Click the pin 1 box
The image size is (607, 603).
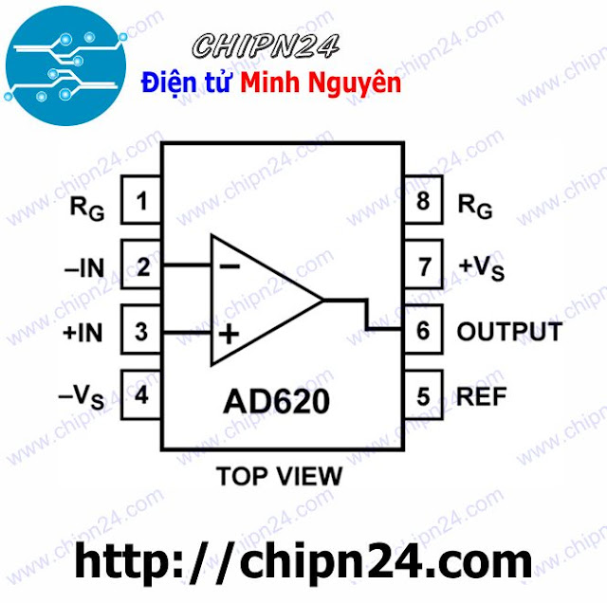(141, 201)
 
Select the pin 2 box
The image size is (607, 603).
(141, 266)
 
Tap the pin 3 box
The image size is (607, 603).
(141, 332)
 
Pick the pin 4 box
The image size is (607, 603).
(141, 394)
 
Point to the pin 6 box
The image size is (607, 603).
(422, 332)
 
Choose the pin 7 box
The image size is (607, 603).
(422, 266)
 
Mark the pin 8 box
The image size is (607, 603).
(422, 201)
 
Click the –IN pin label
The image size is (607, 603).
(84, 267)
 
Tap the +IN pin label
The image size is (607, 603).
(83, 333)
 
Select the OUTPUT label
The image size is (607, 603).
(508, 332)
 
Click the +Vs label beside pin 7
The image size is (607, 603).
(481, 268)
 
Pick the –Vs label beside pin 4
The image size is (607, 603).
(85, 396)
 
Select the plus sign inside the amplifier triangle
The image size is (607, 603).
(230, 334)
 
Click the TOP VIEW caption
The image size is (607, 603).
(279, 473)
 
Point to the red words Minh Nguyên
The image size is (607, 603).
(321, 83)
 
